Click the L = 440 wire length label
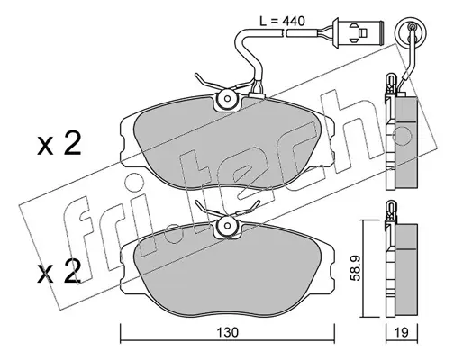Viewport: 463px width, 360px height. pos(282,21)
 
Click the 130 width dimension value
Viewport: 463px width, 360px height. pos(228,332)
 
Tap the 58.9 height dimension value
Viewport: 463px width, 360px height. pos(356,268)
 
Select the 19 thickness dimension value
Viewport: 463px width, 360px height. pos(402,332)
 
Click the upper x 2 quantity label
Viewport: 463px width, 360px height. pos(59,144)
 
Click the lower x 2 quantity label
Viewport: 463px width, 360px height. pos(59,272)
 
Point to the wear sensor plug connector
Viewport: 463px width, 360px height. pos(358,31)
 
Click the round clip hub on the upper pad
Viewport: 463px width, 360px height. pos(227,99)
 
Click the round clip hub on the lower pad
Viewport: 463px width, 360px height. pos(227,227)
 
